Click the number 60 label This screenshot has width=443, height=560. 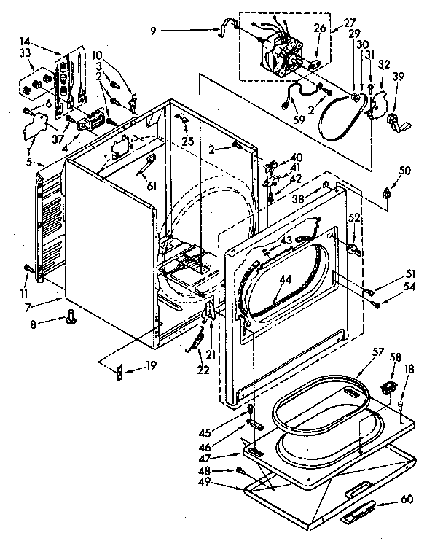(x=406, y=500)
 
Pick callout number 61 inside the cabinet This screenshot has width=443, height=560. (x=152, y=187)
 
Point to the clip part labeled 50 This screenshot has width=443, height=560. (x=385, y=192)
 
